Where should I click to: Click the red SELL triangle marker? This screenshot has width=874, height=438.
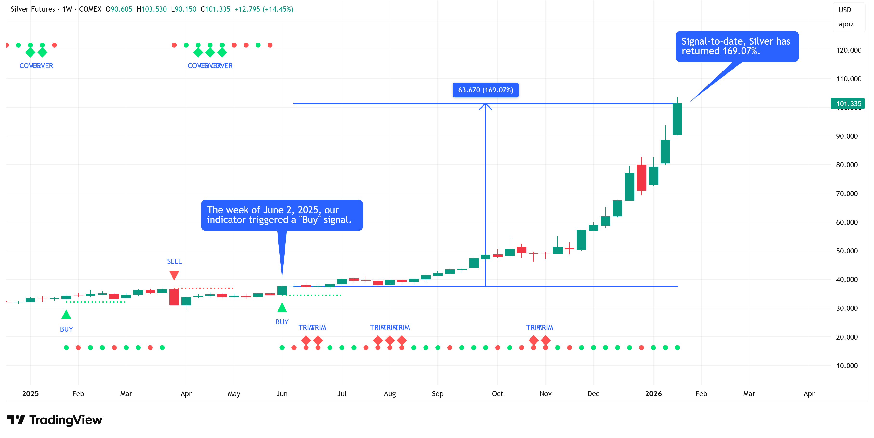[x=174, y=275]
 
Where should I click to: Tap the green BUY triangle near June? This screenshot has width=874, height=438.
[x=282, y=308]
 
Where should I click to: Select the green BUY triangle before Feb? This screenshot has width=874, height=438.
[x=66, y=315]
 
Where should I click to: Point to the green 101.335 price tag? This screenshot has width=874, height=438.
[x=847, y=104]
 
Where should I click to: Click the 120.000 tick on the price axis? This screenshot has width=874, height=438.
[x=848, y=50]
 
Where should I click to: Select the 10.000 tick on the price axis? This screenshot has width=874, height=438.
[x=847, y=366]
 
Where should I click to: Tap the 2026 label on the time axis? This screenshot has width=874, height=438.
[x=653, y=393]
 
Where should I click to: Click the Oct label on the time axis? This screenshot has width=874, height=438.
[x=497, y=393]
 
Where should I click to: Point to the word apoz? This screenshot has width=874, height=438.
[x=846, y=24]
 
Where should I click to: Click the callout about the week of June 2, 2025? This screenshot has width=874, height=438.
[x=282, y=215]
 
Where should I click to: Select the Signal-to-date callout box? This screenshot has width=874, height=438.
[x=737, y=46]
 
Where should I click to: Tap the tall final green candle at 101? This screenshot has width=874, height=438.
[x=677, y=119]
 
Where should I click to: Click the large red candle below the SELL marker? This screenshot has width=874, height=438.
[x=174, y=297]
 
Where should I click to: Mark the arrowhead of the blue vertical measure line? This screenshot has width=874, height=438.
[x=485, y=106]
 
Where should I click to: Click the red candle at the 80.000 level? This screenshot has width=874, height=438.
[x=641, y=178]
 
